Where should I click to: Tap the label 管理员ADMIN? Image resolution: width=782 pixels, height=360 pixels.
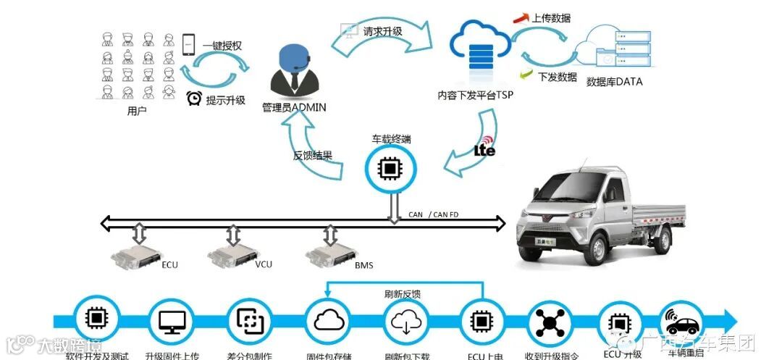pyautogui.click(x=294, y=107)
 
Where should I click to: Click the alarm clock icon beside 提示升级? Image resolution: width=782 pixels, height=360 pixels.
pyautogui.click(x=193, y=99)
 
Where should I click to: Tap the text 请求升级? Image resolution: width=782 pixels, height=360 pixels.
pyautogui.click(x=383, y=31)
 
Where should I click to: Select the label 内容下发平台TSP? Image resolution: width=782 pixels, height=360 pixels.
pyautogui.click(x=476, y=95)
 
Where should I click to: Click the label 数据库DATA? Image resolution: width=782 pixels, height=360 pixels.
pyautogui.click(x=614, y=82)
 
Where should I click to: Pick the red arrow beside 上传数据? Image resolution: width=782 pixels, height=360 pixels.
pyautogui.click(x=519, y=17)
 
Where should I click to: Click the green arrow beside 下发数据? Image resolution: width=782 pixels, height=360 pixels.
pyautogui.click(x=526, y=75)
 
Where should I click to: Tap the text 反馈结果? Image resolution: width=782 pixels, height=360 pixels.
pyautogui.click(x=313, y=154)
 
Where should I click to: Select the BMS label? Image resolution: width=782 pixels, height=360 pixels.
pyautogui.click(x=363, y=265)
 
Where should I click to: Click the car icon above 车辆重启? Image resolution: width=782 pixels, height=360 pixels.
pyautogui.click(x=681, y=320)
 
